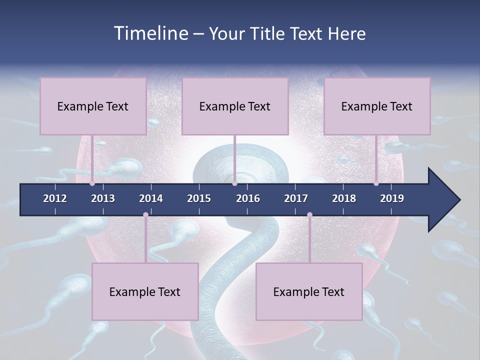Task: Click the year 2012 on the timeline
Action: (x=55, y=198)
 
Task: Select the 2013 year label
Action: (x=103, y=198)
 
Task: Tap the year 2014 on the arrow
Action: (x=151, y=198)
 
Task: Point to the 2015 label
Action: (x=199, y=198)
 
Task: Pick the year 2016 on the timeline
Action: (x=248, y=198)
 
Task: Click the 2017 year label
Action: (x=296, y=198)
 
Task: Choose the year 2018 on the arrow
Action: (x=344, y=198)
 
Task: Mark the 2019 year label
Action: (x=392, y=198)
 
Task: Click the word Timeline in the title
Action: (x=150, y=33)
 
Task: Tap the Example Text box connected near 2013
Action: (x=93, y=106)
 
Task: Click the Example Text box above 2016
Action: (x=235, y=106)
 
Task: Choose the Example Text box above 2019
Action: (x=377, y=106)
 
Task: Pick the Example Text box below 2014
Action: (x=145, y=291)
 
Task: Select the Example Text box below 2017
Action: (x=309, y=291)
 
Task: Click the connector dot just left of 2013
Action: (x=92, y=183)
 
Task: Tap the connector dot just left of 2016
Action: (x=234, y=183)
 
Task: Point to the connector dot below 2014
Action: (x=145, y=215)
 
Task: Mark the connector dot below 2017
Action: (x=309, y=215)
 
